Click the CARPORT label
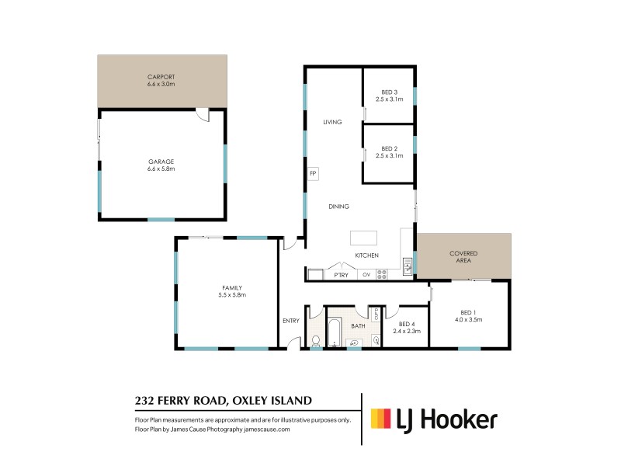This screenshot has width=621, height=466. pyautogui.click(x=161, y=77)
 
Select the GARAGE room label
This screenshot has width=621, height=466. pyautogui.click(x=161, y=162)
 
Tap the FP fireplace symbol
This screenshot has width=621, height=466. pyautogui.click(x=313, y=173)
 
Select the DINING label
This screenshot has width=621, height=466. pyautogui.click(x=338, y=207)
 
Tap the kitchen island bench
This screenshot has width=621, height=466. pyautogui.click(x=363, y=237)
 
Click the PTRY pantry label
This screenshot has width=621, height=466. pyautogui.click(x=341, y=275)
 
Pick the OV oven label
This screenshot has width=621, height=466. pyautogui.click(x=366, y=275)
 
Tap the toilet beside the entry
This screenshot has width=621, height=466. pyautogui.click(x=315, y=339)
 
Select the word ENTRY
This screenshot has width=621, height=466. pyautogui.click(x=291, y=320)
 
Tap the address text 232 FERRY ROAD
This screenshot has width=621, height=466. pyautogui.click(x=179, y=401)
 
